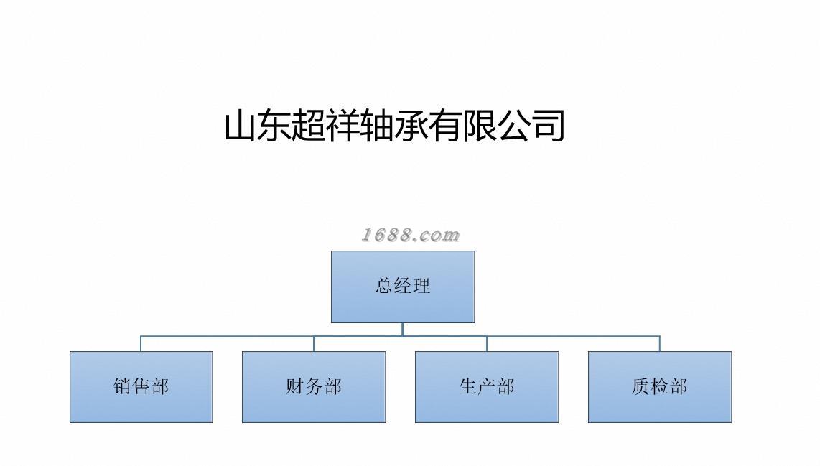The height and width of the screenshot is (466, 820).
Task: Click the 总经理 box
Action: point(402,286)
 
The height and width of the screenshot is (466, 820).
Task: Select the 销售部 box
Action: point(141,386)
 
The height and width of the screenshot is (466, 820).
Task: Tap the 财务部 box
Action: point(314,386)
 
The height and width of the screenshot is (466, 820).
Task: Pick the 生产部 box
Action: point(487,386)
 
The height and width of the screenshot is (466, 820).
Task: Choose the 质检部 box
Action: point(659,386)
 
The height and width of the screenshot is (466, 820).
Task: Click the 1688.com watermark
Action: point(410,235)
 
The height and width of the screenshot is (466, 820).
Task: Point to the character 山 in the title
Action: point(242,126)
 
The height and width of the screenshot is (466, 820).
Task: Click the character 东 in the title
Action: point(276,126)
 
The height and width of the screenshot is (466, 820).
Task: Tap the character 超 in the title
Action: point(309,126)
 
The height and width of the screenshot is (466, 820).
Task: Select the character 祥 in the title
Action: point(344,126)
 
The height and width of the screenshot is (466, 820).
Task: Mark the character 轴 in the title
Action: point(378,126)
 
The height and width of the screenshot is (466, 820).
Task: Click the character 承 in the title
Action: point(411,126)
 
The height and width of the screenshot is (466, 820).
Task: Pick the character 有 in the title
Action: point(445,126)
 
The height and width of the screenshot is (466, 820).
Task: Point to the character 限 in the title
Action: point(480,126)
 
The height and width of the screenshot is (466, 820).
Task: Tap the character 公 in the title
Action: point(514,126)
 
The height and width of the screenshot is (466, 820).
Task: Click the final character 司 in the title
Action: point(548,126)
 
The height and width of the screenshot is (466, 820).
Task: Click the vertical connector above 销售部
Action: point(141,343)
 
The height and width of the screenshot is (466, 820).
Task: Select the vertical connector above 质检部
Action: point(659,343)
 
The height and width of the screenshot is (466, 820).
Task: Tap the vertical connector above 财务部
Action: point(314,343)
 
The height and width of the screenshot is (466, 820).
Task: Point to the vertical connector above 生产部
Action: point(487,343)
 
